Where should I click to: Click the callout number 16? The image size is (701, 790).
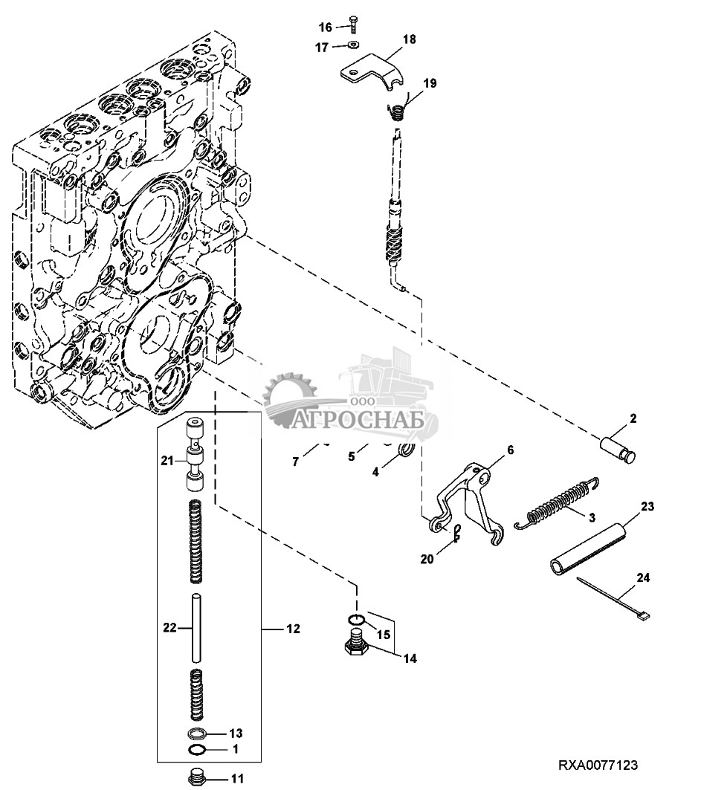coord(326,27)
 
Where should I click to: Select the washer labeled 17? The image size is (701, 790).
coord(352,46)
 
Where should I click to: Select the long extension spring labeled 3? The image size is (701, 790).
coord(558,505)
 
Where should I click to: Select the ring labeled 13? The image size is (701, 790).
coord(198,734)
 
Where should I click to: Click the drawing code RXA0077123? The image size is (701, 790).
coord(598,765)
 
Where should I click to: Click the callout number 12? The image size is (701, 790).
coord(293,629)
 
